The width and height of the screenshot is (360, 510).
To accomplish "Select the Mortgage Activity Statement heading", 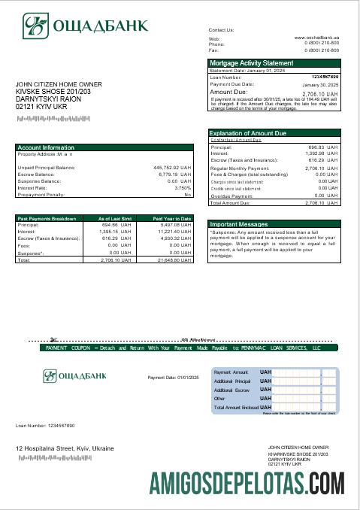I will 252,63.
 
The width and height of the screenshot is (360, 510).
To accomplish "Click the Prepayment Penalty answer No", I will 188,194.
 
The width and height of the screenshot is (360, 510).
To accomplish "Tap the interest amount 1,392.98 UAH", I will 325,153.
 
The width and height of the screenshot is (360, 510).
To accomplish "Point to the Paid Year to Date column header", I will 173,218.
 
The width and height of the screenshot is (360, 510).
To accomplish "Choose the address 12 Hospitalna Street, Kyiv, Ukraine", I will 65,448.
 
